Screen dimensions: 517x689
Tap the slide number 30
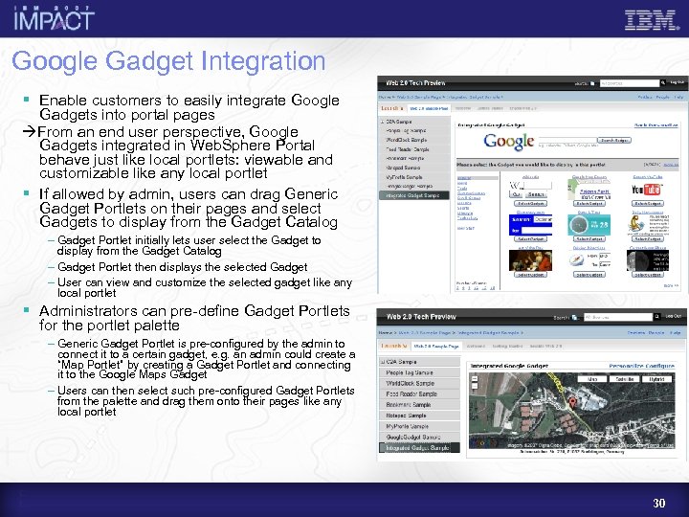pyautogui.click(x=658, y=503)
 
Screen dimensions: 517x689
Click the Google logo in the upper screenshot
pyautogui.click(x=508, y=142)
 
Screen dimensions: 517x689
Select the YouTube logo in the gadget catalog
pyautogui.click(x=647, y=189)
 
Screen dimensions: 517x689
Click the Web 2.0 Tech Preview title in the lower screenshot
pyautogui.click(x=421, y=317)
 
